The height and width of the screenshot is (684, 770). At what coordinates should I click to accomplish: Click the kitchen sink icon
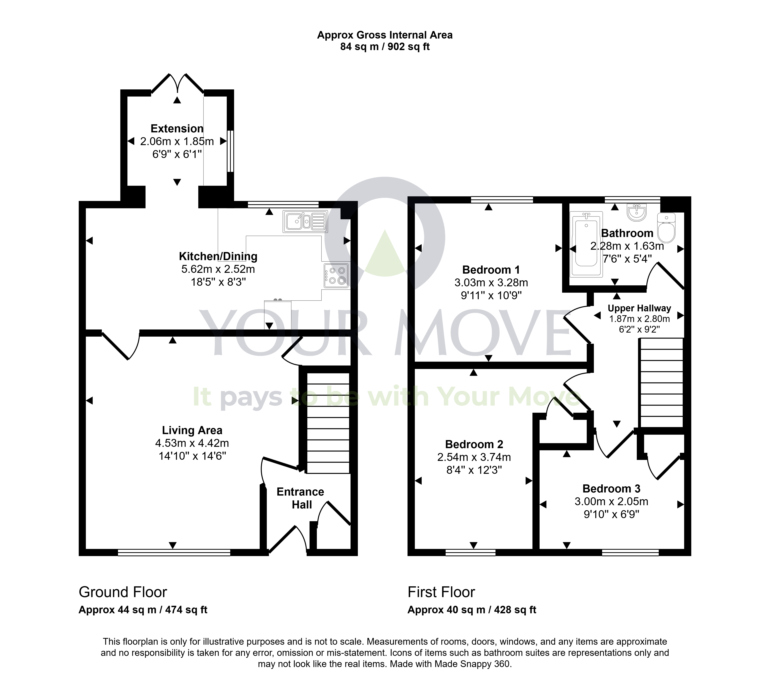tap(305, 221)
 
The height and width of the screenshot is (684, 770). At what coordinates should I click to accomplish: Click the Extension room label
tap(177, 129)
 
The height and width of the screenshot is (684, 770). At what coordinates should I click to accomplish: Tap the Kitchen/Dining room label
tap(218, 256)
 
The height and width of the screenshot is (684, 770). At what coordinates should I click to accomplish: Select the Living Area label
tap(192, 430)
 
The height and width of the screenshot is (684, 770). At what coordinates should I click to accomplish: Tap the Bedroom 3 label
tap(611, 489)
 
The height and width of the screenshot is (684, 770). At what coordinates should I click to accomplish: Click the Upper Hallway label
tap(639, 308)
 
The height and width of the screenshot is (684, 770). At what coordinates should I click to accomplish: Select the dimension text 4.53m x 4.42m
tap(192, 443)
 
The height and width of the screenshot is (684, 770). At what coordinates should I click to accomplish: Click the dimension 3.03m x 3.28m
tap(491, 282)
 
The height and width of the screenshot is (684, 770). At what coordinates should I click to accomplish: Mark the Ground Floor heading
tap(123, 592)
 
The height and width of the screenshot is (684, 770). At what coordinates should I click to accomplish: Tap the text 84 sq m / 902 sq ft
tap(385, 47)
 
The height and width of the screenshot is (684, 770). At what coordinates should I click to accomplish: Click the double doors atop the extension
tap(177, 83)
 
